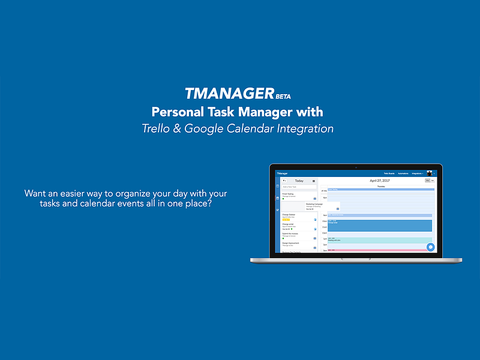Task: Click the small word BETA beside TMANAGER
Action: pyautogui.click(x=283, y=97)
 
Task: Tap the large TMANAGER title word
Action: pyautogui.click(x=229, y=94)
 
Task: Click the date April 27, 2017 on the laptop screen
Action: pyautogui.click(x=380, y=181)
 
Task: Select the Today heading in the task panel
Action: pyautogui.click(x=299, y=181)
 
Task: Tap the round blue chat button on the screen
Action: pyautogui.click(x=430, y=247)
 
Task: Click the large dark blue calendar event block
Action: pyautogui.click(x=379, y=226)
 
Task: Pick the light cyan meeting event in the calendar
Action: pyautogui.click(x=379, y=239)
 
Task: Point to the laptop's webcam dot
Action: pyautogui.click(x=356, y=167)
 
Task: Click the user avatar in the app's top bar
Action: pyautogui.click(x=430, y=173)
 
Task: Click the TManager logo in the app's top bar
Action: pyautogui.click(x=283, y=173)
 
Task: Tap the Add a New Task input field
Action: pyautogui.click(x=299, y=187)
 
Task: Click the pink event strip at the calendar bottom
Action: pyautogui.click(x=379, y=250)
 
